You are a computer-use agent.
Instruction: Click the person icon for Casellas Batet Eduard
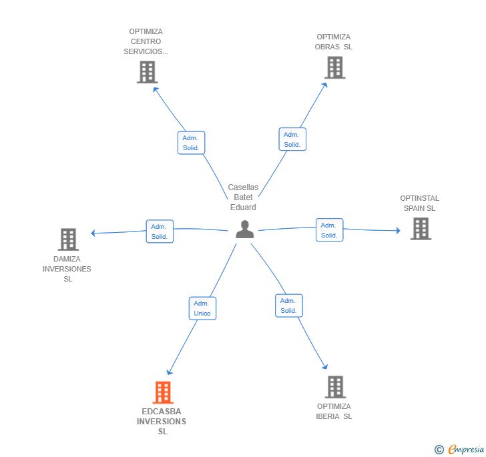tap(244, 230)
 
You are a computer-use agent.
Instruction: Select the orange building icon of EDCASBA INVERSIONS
tap(163, 392)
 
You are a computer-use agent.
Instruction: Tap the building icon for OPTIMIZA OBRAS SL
tap(335, 67)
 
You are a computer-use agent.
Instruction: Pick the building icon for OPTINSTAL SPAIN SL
tap(421, 229)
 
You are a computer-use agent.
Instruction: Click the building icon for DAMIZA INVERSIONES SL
tap(68, 240)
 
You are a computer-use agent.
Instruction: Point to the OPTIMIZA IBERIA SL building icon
tap(335, 387)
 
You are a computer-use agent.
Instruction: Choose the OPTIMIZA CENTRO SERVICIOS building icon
tap(148, 72)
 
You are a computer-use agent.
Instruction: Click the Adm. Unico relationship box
tap(202, 308)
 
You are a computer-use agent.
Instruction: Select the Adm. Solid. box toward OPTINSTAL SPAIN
tap(330, 230)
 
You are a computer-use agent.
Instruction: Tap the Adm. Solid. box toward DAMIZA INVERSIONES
tap(160, 232)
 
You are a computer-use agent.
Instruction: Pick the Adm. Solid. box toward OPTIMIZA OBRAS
tap(292, 139)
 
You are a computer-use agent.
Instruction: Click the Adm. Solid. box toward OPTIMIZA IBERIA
tap(289, 306)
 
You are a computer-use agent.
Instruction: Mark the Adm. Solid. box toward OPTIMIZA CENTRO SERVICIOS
tap(191, 143)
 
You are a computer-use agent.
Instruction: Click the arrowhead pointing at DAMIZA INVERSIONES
tap(92, 233)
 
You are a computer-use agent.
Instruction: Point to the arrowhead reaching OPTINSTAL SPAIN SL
tap(399, 231)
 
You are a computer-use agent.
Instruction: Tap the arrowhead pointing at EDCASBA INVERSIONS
tap(170, 372)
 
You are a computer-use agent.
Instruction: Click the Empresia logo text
tap(466, 449)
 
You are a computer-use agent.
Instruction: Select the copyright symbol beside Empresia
tap(439, 450)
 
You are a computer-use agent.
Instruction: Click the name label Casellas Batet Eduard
tap(243, 197)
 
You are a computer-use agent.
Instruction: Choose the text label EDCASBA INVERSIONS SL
tap(162, 422)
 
